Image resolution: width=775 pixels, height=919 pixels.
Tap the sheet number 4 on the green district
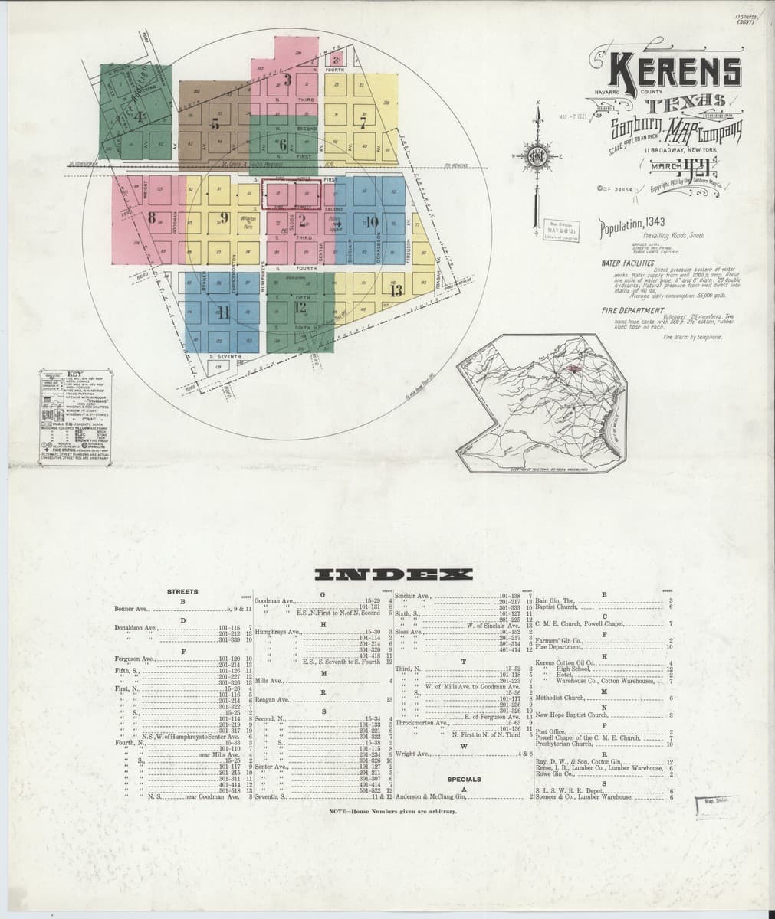tap(139, 116)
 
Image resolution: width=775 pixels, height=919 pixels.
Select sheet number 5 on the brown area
tap(215, 123)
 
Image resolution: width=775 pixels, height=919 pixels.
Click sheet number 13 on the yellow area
tap(396, 291)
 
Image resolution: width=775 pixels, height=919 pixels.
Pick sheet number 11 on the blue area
tap(223, 311)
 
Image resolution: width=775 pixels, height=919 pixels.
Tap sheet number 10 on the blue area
tap(373, 222)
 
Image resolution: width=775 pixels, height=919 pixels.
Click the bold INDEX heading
tap(387, 575)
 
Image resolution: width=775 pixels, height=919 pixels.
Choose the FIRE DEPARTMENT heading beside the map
tap(632, 310)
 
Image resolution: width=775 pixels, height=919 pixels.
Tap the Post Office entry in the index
tap(550, 731)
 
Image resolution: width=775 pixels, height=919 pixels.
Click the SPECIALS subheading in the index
tap(464, 779)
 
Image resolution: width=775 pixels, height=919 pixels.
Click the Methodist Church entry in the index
tap(560, 698)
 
